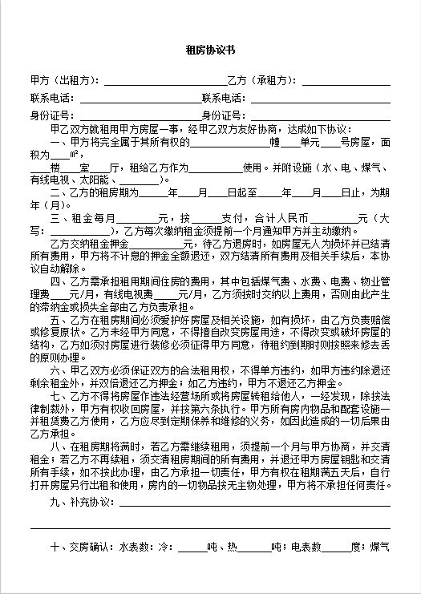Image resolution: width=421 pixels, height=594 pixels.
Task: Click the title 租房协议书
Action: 210,50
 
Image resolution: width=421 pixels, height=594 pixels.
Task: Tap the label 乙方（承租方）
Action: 263,80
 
